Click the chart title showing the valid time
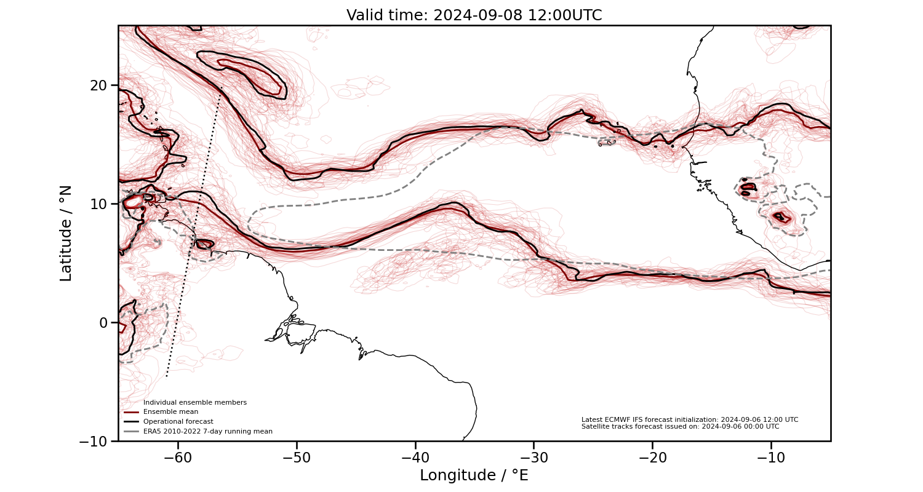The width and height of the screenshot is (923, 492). click(474, 15)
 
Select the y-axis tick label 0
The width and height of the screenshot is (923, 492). click(104, 322)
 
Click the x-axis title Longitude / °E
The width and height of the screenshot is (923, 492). click(474, 475)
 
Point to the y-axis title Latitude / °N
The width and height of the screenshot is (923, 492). click(66, 233)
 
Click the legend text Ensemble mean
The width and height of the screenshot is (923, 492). click(170, 412)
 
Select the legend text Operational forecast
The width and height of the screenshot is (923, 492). click(178, 422)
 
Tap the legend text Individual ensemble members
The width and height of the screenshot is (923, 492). click(194, 403)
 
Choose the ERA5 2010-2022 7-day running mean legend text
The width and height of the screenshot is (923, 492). click(207, 432)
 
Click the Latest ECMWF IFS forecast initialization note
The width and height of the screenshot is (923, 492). click(690, 419)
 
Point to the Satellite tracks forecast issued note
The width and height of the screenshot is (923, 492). click(680, 426)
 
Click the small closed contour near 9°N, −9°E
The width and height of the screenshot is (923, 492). click(781, 216)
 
